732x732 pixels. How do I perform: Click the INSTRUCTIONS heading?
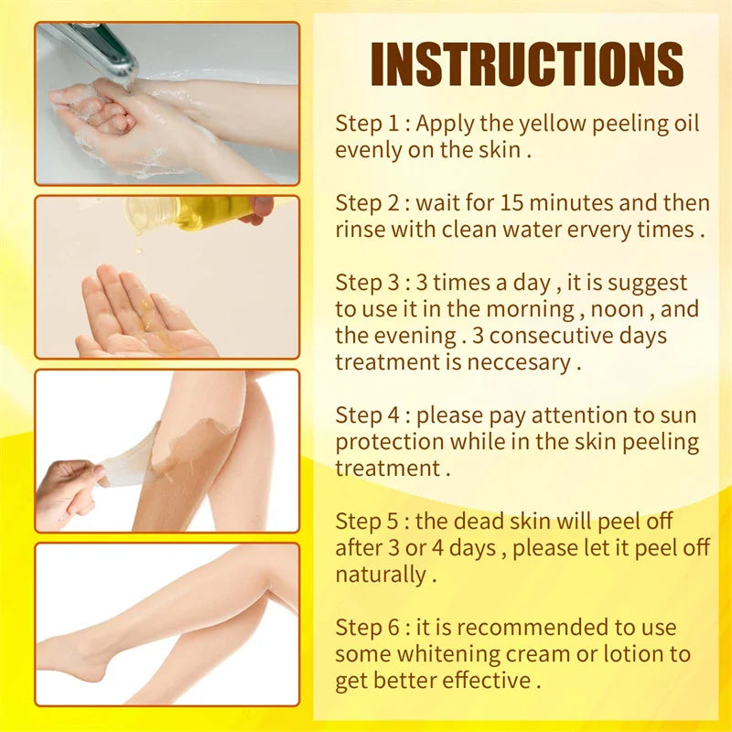[527, 65]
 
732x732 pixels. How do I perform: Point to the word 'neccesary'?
[517, 362]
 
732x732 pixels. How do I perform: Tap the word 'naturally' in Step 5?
[380, 576]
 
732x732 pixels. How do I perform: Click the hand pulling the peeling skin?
[73, 490]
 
